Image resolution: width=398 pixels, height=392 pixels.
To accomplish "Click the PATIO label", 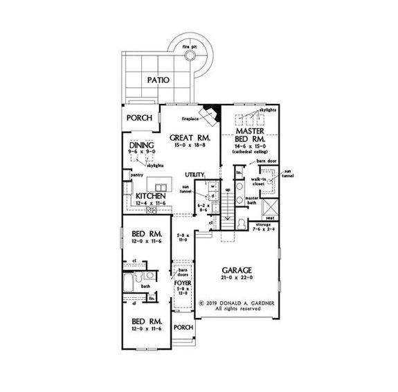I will pos(160,80).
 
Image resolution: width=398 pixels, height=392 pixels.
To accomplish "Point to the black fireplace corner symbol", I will pos(214,111).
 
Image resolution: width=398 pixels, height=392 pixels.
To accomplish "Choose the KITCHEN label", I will pos(150,197).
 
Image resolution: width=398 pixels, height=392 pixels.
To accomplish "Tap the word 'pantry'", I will pos(136,177).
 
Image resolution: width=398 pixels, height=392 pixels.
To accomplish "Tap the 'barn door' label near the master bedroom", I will pos(266,161).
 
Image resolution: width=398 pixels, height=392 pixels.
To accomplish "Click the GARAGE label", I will pos(236,269).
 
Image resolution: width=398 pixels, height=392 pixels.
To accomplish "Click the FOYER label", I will pos(181,284).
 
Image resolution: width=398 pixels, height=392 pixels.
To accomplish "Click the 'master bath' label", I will pos(255,202).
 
